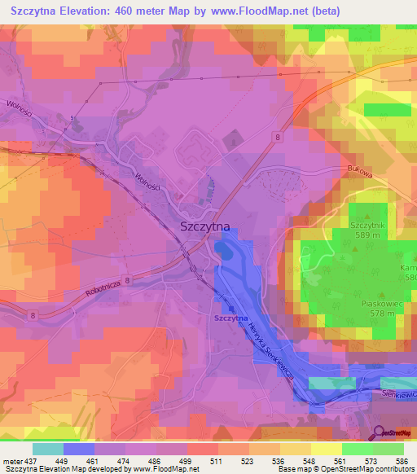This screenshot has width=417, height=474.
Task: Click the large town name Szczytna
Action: coord(204,229)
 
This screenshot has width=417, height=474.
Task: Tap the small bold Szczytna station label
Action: coord(230,318)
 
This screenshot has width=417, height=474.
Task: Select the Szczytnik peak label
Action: coord(366,224)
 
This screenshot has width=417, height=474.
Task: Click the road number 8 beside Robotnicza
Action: coord(128,279)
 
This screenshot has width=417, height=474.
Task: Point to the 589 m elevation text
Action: coord(367,235)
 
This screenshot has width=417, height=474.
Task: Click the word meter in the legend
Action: coord(11,460)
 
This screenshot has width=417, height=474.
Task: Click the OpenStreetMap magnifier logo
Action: coord(380,434)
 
